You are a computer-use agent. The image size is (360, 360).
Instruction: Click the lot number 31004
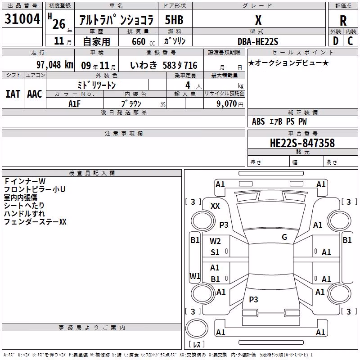click(22, 19)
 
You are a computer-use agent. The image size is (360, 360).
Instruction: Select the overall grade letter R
click(343, 21)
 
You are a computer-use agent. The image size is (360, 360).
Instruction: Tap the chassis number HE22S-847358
click(302, 143)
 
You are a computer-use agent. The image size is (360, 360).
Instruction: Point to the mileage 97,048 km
click(55, 65)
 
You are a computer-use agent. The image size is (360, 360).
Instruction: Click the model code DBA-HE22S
click(258, 41)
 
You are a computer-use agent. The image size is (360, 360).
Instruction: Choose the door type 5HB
click(174, 20)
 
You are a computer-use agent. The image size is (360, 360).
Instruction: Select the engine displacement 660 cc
click(143, 41)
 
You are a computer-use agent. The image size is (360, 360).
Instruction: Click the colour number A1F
click(74, 104)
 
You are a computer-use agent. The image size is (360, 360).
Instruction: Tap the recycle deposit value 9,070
click(227, 103)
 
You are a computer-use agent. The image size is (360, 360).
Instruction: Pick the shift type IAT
click(13, 94)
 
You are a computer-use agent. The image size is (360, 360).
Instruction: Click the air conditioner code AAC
click(35, 94)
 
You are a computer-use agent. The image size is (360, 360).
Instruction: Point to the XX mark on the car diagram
click(215, 206)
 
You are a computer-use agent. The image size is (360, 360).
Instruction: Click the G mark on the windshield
click(284, 237)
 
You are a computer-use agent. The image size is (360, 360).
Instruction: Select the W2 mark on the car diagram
click(215, 241)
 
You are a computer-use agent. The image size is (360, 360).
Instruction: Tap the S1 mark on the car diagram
click(215, 252)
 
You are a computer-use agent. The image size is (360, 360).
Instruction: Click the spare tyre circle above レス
click(197, 328)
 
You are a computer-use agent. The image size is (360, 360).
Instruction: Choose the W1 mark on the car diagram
click(195, 276)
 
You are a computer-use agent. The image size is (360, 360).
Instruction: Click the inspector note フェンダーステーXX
click(35, 222)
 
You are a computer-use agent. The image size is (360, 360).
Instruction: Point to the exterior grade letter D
click(336, 41)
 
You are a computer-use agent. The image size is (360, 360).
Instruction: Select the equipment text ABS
click(258, 121)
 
